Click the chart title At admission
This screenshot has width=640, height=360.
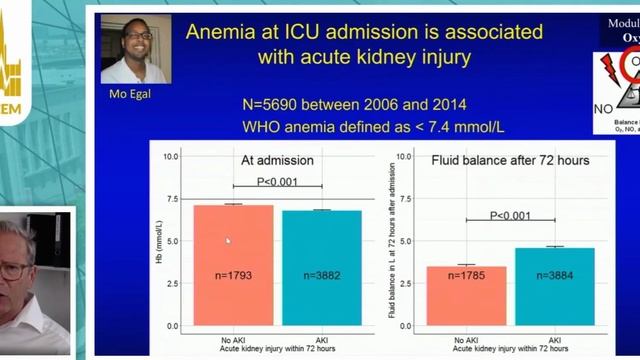click(277, 159)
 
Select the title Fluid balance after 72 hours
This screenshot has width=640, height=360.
click(510, 160)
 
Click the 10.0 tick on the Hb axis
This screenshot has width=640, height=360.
click(170, 156)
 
